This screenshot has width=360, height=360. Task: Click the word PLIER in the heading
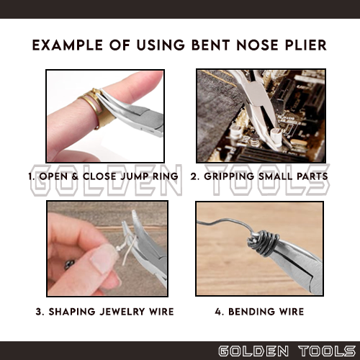point(306,45)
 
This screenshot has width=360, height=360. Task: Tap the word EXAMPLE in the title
point(68,45)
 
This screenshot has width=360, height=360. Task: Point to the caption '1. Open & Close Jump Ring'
point(103,176)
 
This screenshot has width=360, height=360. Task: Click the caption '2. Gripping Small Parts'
point(259,176)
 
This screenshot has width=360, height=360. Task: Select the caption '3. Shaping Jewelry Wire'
point(104,312)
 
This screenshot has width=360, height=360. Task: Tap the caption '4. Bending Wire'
point(259,312)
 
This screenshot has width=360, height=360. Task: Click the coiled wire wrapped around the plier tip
point(264,243)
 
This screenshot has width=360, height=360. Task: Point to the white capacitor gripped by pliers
point(276,137)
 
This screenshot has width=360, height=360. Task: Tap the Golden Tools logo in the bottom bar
point(287,351)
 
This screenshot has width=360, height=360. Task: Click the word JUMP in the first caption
point(133,176)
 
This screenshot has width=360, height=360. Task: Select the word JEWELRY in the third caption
point(122,312)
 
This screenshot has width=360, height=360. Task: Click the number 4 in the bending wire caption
point(218,312)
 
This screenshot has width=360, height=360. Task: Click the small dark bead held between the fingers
point(69,264)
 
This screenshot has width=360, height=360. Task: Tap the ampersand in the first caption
point(75,176)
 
